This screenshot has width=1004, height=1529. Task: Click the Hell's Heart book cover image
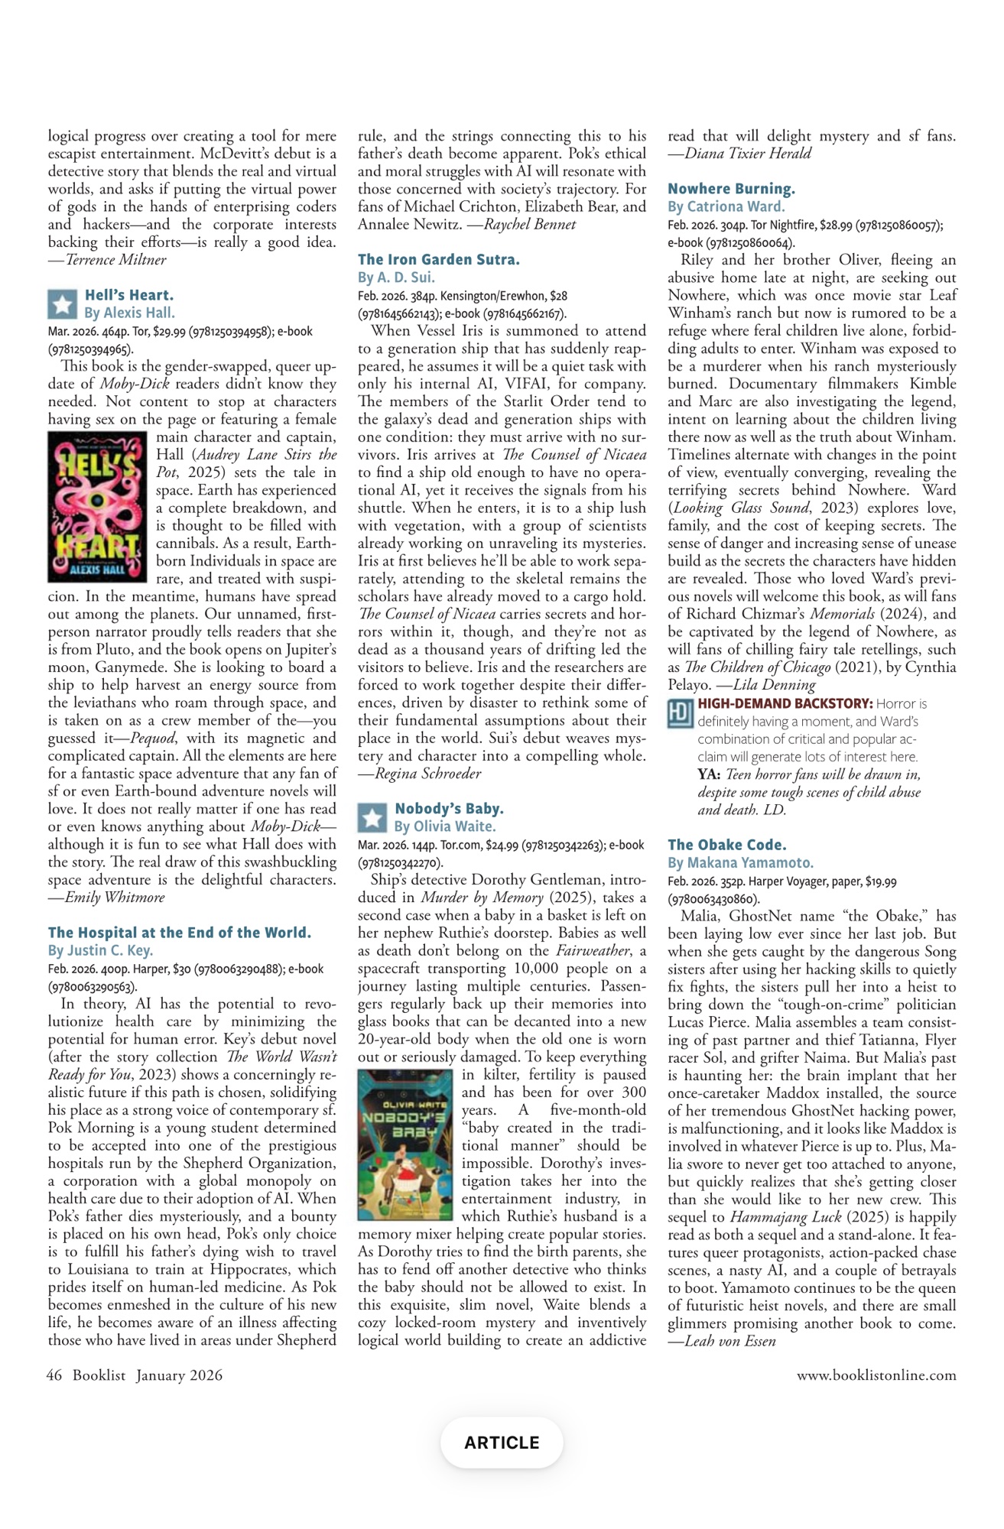pyautogui.click(x=97, y=507)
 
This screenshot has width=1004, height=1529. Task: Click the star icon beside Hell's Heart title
pyautogui.click(x=62, y=304)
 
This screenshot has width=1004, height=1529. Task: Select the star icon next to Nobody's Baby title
pyautogui.click(x=372, y=817)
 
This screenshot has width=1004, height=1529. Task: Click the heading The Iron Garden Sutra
pyautogui.click(x=438, y=259)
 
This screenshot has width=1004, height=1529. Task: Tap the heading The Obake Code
pyautogui.click(x=726, y=845)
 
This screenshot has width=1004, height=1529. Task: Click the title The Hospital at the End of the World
pyautogui.click(x=179, y=933)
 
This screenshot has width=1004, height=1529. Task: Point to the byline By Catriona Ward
pyautogui.click(x=726, y=206)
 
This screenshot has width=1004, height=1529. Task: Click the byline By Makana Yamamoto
pyautogui.click(x=740, y=863)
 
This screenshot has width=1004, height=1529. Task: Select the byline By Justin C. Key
pyautogui.click(x=100, y=951)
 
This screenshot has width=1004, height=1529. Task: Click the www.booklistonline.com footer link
pyautogui.click(x=876, y=1375)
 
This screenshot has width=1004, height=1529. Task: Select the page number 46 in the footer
pyautogui.click(x=54, y=1375)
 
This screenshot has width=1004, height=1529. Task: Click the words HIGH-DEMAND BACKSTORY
pyautogui.click(x=785, y=703)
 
